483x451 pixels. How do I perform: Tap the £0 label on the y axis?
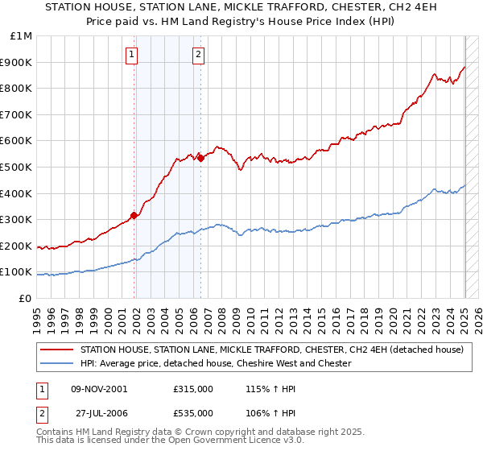(26, 298)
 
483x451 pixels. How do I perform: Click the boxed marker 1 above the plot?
(132, 55)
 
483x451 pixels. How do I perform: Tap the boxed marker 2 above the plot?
(198, 55)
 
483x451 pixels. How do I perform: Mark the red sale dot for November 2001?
(134, 215)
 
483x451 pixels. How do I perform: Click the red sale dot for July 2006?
(200, 158)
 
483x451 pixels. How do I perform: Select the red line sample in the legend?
(56, 350)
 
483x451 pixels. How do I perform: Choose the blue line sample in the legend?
(56, 363)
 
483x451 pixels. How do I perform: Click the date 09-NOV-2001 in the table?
(99, 388)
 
